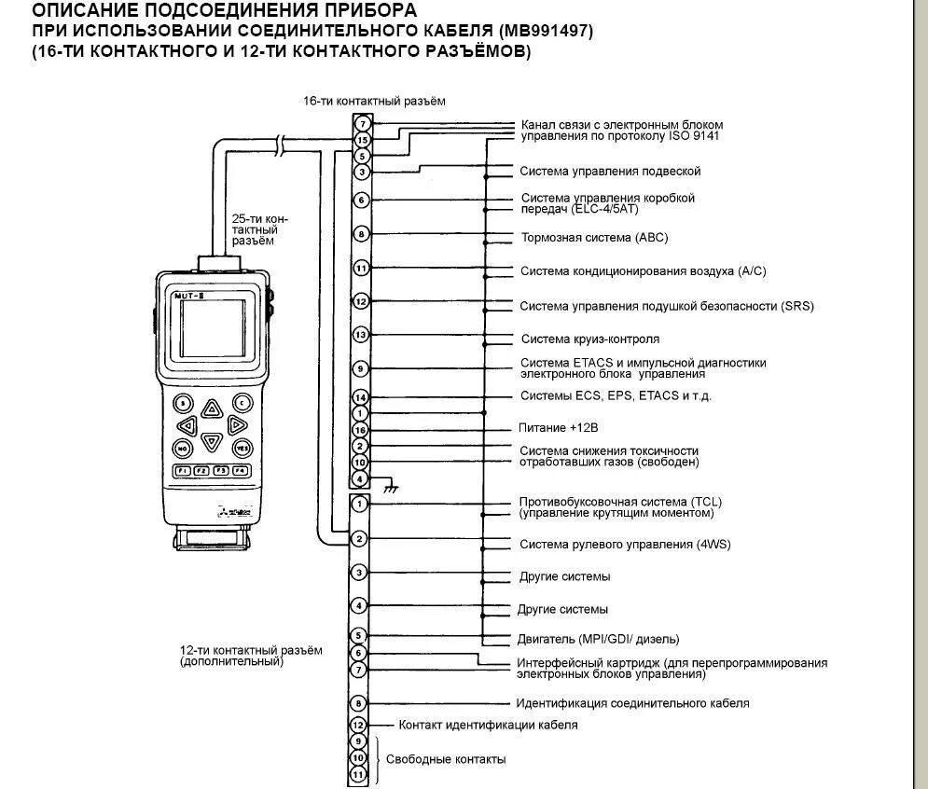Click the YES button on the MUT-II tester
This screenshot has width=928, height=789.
point(242,448)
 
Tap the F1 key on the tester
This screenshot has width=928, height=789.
point(183,470)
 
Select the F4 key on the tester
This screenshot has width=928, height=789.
point(242,470)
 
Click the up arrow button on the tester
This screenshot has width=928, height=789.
point(213,408)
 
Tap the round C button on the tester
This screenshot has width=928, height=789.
point(242,403)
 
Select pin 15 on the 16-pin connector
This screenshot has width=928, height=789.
point(362,140)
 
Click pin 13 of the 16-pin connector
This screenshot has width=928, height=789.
point(362,334)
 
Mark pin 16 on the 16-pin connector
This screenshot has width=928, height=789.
point(362,430)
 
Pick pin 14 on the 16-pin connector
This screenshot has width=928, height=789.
point(362,397)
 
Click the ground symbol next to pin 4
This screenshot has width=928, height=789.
point(393,486)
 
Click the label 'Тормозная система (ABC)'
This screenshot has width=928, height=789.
point(594,238)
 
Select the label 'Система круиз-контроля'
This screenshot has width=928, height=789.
point(590,339)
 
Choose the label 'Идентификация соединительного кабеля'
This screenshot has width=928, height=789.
point(632,703)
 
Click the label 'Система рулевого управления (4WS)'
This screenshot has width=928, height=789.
point(620,544)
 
